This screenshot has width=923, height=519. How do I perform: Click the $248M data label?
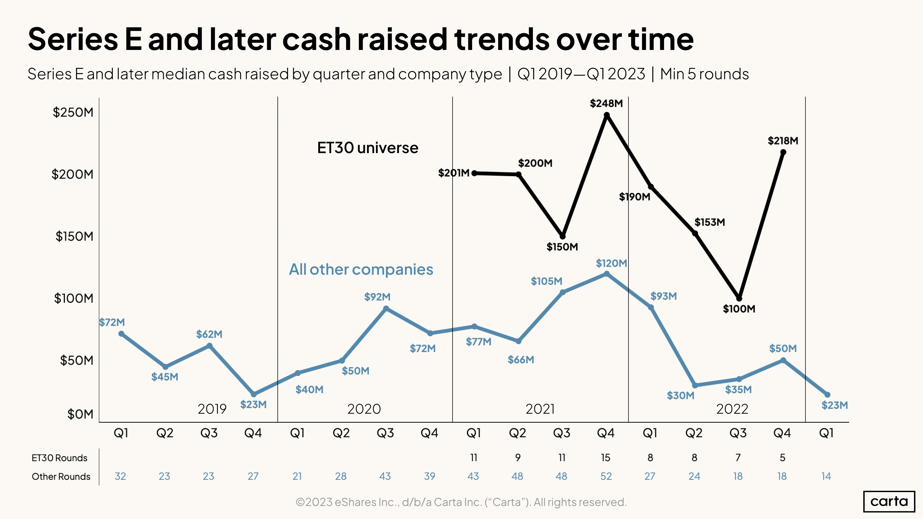(606, 103)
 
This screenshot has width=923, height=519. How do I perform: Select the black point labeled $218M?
(783, 152)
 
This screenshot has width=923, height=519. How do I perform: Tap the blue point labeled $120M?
(606, 274)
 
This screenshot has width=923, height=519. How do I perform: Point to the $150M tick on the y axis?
(74, 236)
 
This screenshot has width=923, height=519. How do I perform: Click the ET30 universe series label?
(368, 148)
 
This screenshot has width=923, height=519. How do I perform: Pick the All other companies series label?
(361, 269)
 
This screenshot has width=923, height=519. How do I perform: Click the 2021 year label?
(540, 409)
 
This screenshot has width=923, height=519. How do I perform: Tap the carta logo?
(889, 501)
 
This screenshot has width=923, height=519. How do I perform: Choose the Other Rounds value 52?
(606, 476)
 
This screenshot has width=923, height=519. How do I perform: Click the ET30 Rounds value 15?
(606, 458)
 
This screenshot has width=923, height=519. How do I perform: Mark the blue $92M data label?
(377, 297)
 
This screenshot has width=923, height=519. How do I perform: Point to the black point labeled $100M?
(739, 298)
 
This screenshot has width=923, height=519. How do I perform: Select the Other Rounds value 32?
(120, 476)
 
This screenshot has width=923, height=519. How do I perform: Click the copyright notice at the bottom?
(461, 502)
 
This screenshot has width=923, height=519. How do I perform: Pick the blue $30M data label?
(680, 396)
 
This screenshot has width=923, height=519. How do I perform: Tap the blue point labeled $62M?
(210, 346)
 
